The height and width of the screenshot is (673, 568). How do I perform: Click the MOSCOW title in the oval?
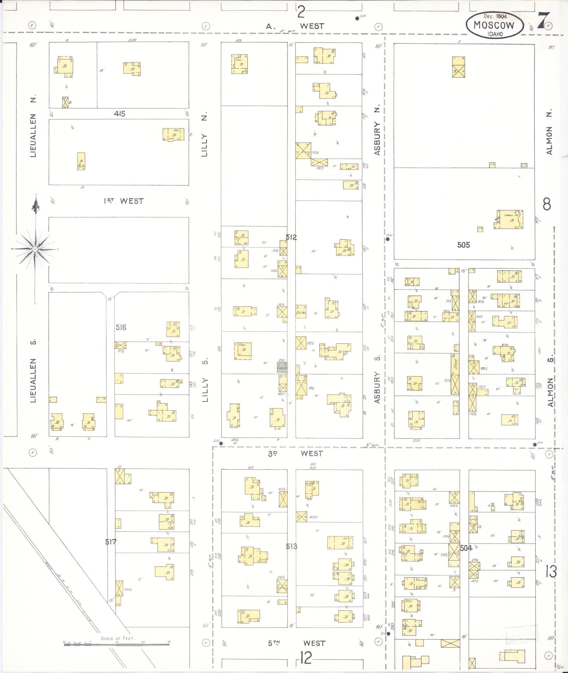pyautogui.click(x=494, y=25)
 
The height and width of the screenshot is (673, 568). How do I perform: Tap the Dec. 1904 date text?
pyautogui.click(x=495, y=16)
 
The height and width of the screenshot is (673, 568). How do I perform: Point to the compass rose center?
pyautogui.click(x=35, y=249)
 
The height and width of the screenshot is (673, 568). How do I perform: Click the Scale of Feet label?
pyautogui.click(x=118, y=638)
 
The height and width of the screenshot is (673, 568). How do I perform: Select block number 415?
pyautogui.click(x=119, y=114)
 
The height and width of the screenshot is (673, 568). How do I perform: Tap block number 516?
pyautogui.click(x=121, y=327)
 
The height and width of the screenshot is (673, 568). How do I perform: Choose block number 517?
pyautogui.click(x=111, y=542)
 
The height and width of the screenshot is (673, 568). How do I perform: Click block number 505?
pyautogui.click(x=463, y=245)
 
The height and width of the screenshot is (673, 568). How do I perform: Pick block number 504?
pyautogui.click(x=466, y=548)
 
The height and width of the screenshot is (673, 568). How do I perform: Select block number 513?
pyautogui.click(x=292, y=546)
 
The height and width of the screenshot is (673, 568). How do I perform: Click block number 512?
pyautogui.click(x=291, y=237)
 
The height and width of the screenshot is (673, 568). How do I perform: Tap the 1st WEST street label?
pyautogui.click(x=124, y=201)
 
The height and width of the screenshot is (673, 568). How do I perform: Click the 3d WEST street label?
pyautogui.click(x=295, y=453)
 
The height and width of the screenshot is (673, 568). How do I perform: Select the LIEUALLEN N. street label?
pyautogui.click(x=33, y=127)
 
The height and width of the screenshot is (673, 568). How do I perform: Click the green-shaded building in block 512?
pyautogui.click(x=282, y=368)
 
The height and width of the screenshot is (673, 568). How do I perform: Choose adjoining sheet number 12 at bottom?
pyautogui.click(x=306, y=658)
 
